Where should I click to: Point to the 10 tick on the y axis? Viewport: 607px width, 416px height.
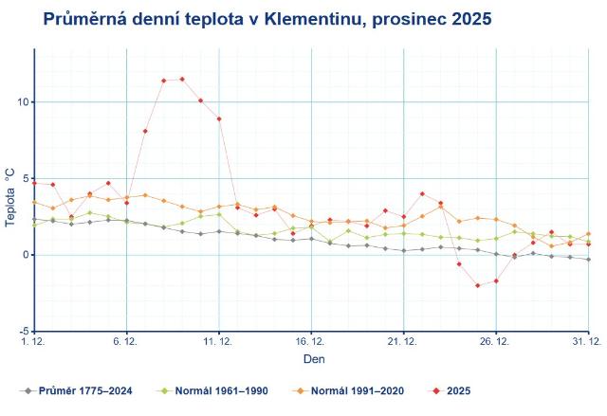click(x=23, y=102)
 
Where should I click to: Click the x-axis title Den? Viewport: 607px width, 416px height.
click(x=314, y=360)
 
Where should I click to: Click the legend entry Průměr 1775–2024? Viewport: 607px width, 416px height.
click(x=82, y=390)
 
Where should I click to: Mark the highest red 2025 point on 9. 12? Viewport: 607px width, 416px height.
click(x=182, y=80)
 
